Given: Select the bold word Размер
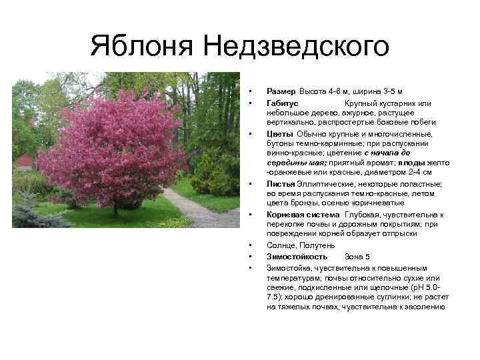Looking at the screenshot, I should [x=281, y=91].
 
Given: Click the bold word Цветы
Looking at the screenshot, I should [x=279, y=134].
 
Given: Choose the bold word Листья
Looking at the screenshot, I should [x=280, y=184].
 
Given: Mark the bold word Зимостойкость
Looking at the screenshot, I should [x=297, y=256].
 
